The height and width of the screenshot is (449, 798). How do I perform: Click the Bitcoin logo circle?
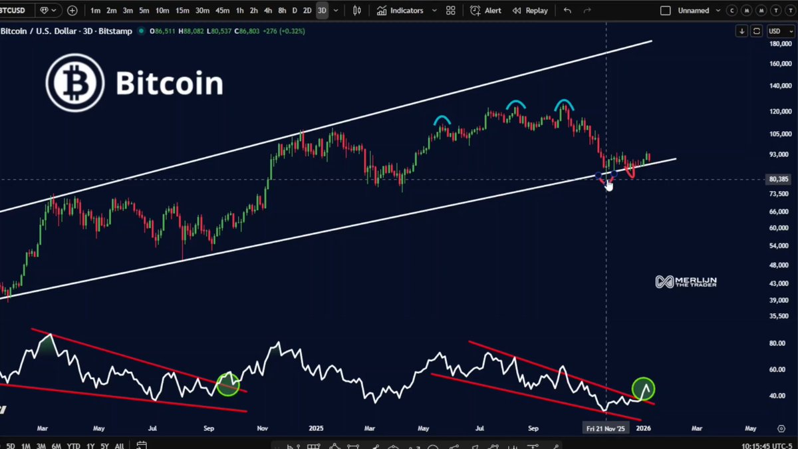74,82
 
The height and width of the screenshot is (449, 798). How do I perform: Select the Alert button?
485,11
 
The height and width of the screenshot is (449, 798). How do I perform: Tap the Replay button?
529,11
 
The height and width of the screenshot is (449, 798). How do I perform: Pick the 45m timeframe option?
222,11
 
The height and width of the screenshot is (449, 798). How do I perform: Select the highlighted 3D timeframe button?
322,11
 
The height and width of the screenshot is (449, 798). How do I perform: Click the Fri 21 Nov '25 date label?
606,429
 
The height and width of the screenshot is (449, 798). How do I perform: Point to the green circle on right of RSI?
643,388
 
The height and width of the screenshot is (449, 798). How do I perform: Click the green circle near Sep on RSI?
228,384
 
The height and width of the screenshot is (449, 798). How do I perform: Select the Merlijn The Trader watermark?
686,281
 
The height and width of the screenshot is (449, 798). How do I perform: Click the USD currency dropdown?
777,31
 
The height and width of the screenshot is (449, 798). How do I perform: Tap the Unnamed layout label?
694,11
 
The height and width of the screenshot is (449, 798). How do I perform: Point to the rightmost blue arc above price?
564,104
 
